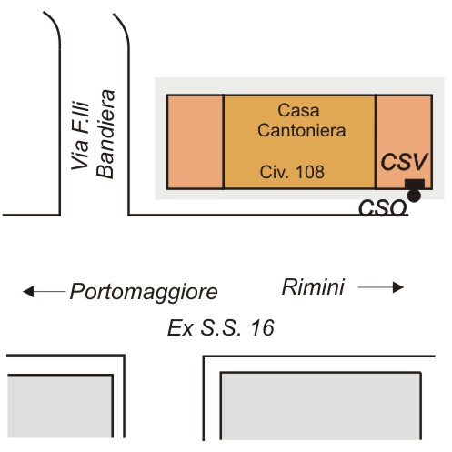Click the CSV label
click(404, 162)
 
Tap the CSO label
click(382, 207)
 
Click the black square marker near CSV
click(415, 184)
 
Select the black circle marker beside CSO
click(414, 196)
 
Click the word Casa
click(298, 110)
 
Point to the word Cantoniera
click(302, 130)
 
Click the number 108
click(310, 172)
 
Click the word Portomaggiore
click(144, 292)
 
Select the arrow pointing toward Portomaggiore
click(45, 292)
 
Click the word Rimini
click(313, 286)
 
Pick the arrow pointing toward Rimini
click(380, 287)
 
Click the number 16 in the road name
click(263, 328)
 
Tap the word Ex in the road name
click(180, 328)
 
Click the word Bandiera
click(105, 134)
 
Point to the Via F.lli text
click(80, 135)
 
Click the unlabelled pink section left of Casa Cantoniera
click(196, 142)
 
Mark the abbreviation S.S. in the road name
click(221, 328)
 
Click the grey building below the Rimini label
click(321, 407)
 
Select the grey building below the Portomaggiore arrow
click(60, 407)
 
